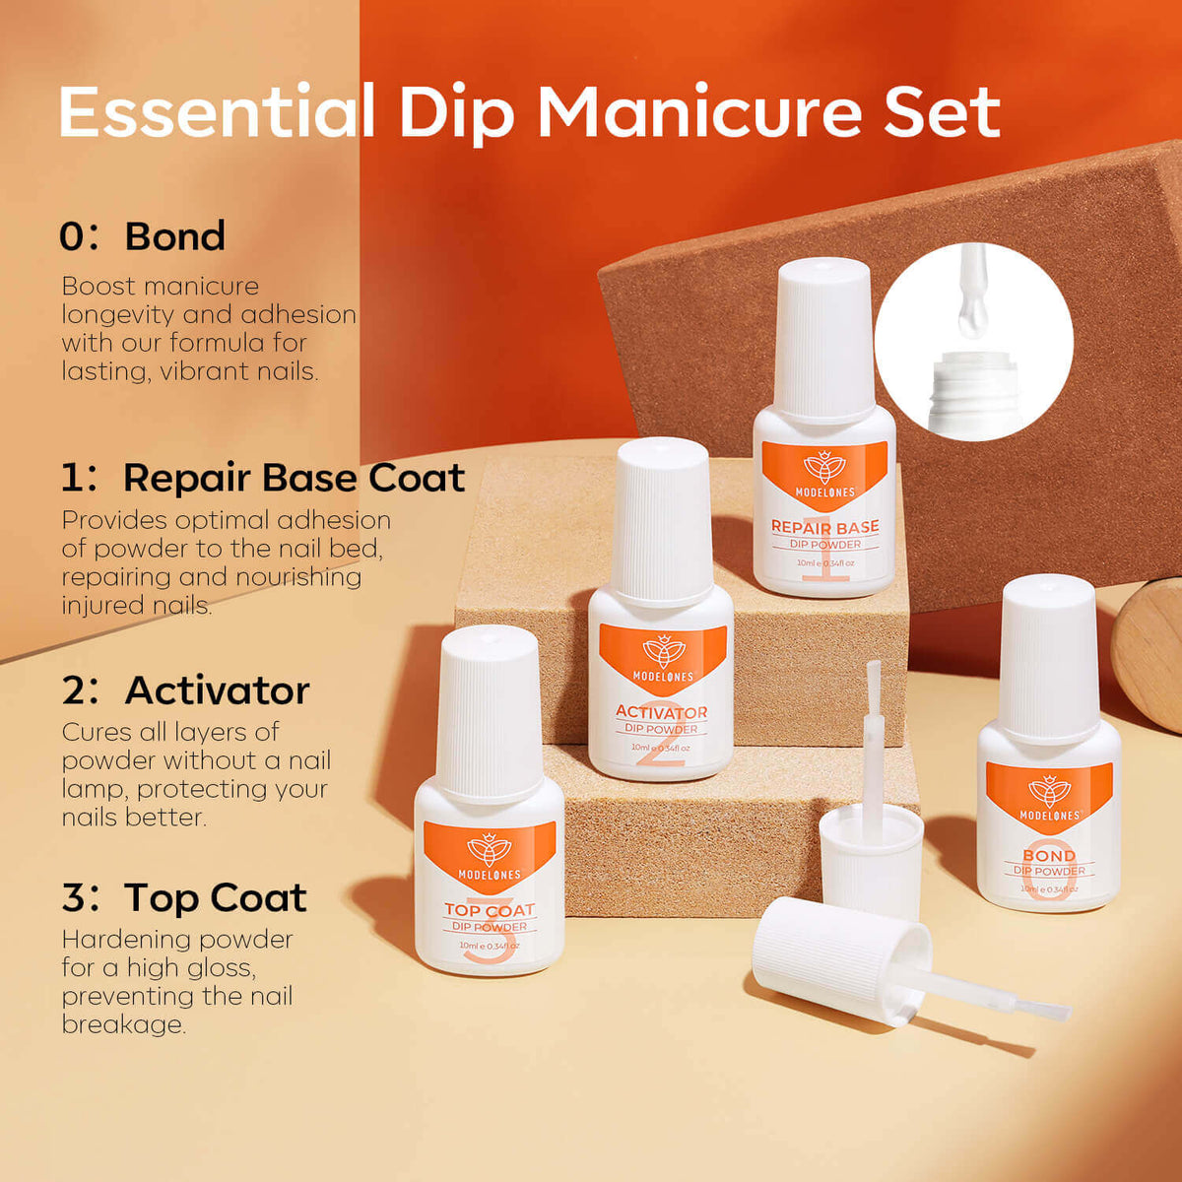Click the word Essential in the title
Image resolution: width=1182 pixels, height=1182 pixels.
tap(217, 111)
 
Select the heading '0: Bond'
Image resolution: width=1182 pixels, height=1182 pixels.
tap(142, 236)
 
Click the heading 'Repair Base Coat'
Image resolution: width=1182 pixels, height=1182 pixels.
tap(294, 478)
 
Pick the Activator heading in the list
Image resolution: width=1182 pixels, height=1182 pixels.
tap(217, 690)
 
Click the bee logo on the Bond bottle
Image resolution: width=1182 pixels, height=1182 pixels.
tap(1049, 791)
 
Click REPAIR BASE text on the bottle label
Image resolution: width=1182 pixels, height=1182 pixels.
tap(824, 526)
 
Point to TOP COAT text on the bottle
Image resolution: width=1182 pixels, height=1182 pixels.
tap(490, 910)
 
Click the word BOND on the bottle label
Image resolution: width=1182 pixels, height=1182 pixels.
tap(1049, 855)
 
